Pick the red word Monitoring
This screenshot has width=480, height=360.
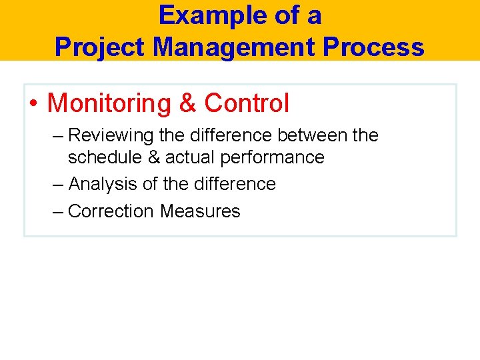[109, 103]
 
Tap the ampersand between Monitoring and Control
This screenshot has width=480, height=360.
[187, 103]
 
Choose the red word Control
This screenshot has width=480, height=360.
[247, 103]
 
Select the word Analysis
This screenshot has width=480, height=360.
[103, 184]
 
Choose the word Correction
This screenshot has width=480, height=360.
[111, 211]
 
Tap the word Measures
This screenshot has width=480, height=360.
[200, 211]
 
